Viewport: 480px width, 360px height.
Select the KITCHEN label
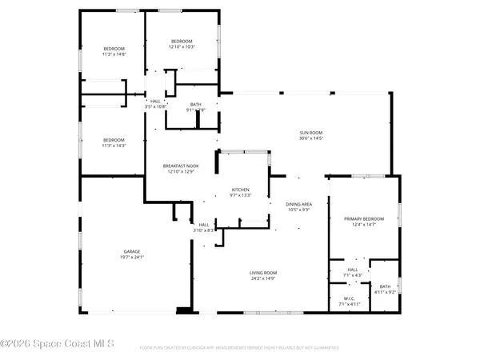click(241, 190)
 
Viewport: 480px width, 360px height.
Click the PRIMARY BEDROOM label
click(364, 218)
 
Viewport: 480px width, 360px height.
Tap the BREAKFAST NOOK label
click(182, 166)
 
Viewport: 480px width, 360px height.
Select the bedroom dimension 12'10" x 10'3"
click(182, 46)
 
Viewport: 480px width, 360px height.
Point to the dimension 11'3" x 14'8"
click(114, 54)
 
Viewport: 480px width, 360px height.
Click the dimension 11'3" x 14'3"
click(114, 146)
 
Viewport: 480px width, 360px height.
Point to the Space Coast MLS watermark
click(58, 344)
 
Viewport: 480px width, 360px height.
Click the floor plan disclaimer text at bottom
click(239, 348)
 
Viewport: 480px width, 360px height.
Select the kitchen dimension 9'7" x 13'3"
click(241, 195)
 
